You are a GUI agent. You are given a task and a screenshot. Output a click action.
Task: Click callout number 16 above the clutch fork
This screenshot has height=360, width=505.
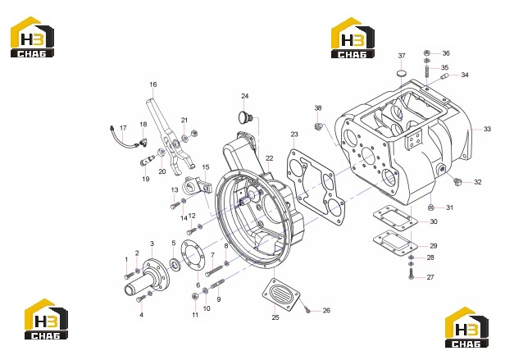coord(153,84)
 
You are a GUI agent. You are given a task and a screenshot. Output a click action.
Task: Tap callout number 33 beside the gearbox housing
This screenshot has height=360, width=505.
coord(487,129)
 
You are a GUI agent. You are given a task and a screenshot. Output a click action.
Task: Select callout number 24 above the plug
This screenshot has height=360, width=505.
coord(245,96)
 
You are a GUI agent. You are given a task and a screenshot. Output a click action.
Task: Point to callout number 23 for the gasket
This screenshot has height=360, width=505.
coord(294,134)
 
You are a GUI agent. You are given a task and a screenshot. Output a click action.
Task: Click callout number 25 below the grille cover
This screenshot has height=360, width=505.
coord(275,317)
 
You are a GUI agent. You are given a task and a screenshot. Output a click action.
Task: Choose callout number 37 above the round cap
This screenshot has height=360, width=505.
coord(402,56)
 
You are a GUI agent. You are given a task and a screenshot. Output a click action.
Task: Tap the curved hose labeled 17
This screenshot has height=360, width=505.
coord(124,139)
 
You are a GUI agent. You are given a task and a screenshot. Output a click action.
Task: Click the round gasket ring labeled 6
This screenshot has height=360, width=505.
coord(192,257)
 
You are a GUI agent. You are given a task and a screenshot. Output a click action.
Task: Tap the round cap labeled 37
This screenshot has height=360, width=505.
coord(402,73)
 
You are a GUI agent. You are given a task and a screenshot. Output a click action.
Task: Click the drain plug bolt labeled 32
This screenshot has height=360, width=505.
coord(457,181)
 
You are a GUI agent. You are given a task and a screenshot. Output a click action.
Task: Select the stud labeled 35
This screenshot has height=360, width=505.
coord(427,71)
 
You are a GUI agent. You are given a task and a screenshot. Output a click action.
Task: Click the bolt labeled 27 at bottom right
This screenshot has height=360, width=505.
coord(411,274)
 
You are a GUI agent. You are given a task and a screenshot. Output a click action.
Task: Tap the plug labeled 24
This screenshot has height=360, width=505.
coord(247,116)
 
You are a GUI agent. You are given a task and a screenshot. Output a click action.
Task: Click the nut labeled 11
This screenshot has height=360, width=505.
coord(194,296)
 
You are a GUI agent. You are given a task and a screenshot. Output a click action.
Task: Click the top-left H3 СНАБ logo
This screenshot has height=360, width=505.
coord(32,37)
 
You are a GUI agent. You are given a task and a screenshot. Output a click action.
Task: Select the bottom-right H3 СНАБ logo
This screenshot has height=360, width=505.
coord(466,327)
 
